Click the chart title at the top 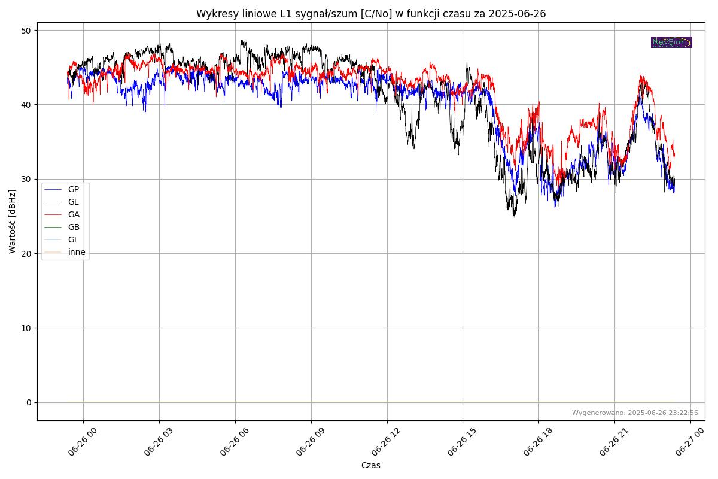click(371, 14)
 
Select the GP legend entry click(73, 189)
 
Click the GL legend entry click(73, 202)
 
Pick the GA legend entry click(73, 214)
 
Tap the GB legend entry click(73, 227)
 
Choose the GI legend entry click(72, 239)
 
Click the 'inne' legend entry click(77, 252)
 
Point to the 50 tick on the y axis click(26, 30)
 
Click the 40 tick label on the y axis click(26, 105)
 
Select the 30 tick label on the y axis click(26, 179)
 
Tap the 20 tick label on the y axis click(26, 253)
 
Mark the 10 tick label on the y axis click(26, 328)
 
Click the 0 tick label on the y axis click(29, 402)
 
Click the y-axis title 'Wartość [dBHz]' click(13, 222)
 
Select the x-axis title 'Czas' click(370, 465)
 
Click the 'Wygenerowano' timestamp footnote click(635, 413)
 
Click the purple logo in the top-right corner click(671, 42)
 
